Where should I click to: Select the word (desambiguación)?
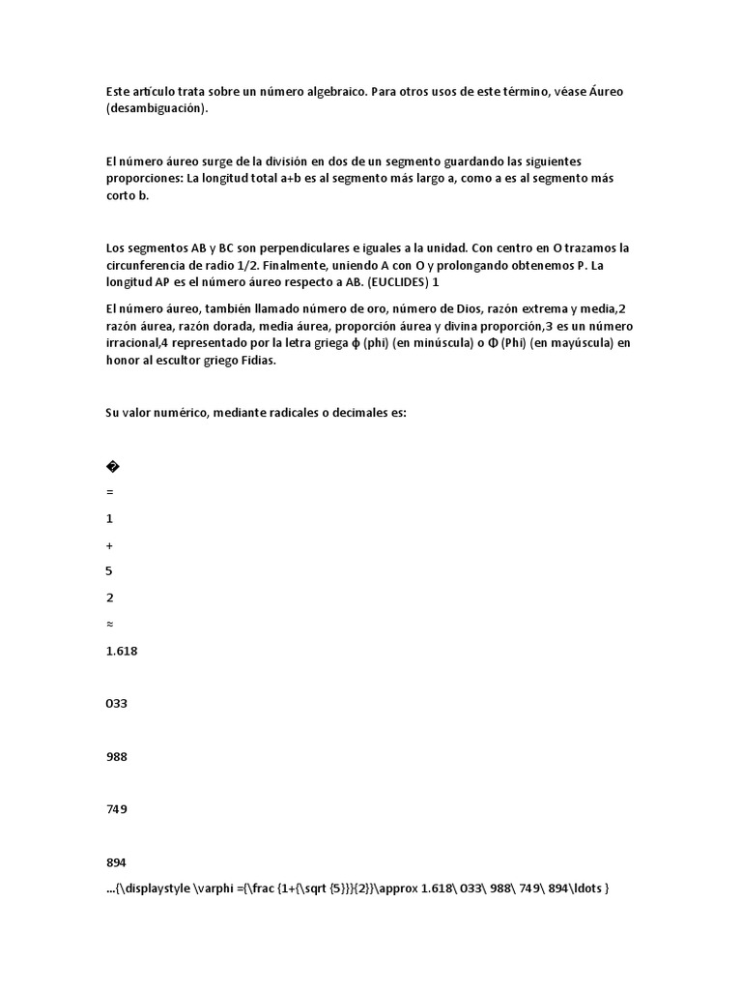(x=157, y=108)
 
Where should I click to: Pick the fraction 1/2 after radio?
(x=245, y=265)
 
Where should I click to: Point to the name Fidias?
(x=256, y=361)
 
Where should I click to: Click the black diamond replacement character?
(x=112, y=467)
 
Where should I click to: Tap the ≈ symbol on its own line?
(x=109, y=624)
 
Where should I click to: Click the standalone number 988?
(x=116, y=756)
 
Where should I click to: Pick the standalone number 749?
(x=116, y=808)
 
